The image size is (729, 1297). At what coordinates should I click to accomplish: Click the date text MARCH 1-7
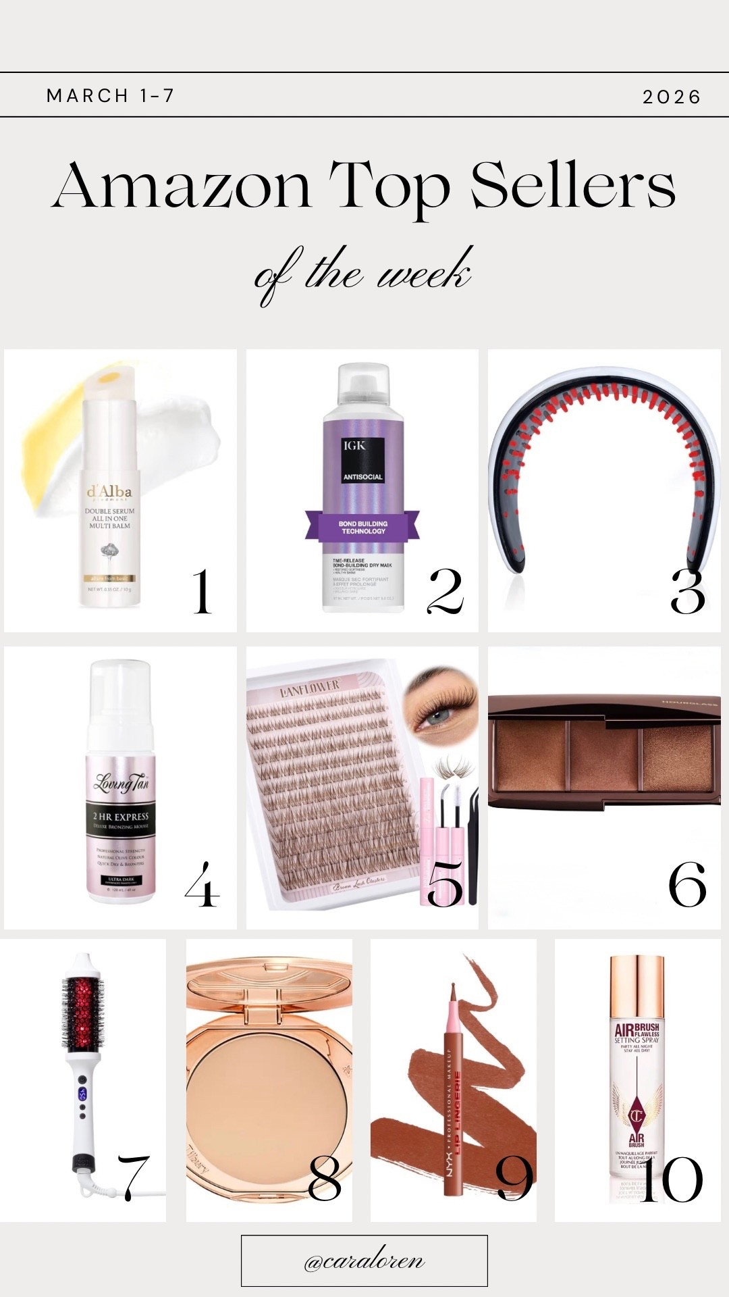111,96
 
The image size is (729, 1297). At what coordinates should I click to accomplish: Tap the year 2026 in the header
671,97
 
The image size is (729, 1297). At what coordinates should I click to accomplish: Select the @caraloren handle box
364,1261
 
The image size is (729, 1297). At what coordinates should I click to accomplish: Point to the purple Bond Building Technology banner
362,526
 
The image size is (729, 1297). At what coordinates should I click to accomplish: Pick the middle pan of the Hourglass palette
605,755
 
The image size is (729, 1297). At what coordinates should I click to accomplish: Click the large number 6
687,885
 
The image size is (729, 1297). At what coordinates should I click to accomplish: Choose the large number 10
671,1179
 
